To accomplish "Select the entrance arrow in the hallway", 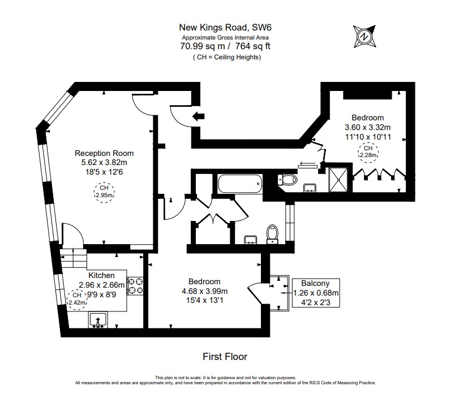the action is point(198,117).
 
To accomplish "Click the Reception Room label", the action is point(105,153).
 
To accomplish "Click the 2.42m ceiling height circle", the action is point(77,298).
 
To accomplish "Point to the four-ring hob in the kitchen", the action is point(135,285).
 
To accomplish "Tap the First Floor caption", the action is point(225,357).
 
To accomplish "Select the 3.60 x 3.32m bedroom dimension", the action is point(367,128).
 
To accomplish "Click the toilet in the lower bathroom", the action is point(273,233).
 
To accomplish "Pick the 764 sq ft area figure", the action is point(251,47).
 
